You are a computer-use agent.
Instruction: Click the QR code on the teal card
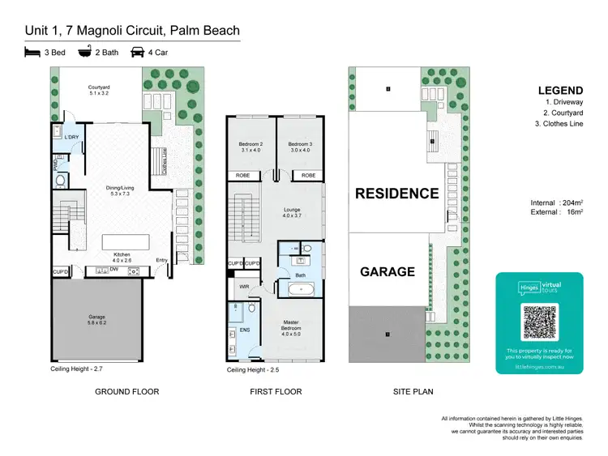tap(538, 322)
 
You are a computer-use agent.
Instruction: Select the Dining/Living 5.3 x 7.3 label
tap(119, 192)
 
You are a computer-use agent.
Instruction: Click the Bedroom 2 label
tap(250, 146)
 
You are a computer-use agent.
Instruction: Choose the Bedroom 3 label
tap(299, 146)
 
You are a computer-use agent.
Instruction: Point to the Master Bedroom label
tap(289, 306)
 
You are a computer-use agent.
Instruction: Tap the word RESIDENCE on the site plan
tap(397, 194)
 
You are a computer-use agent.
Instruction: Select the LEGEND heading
tap(560, 91)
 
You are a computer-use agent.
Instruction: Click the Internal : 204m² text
tap(554, 202)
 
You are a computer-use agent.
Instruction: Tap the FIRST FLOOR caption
tap(276, 392)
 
